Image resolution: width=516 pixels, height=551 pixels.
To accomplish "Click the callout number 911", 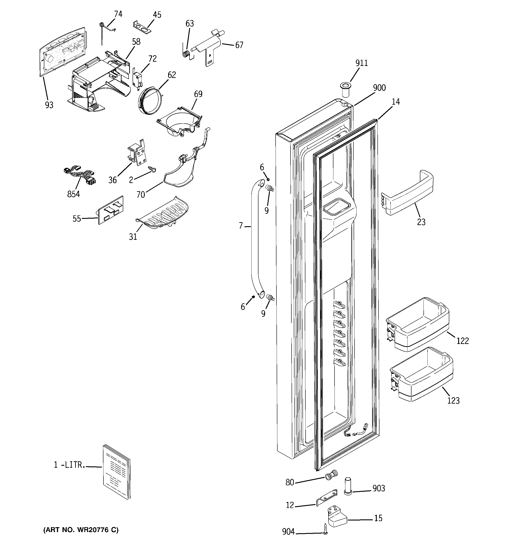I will pos(361,63).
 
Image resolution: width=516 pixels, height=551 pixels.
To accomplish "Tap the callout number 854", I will pos(73,194).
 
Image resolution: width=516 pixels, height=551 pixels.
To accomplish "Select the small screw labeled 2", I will pos(153,169).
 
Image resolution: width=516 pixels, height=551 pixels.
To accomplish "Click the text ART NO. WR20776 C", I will pos(81,530).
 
